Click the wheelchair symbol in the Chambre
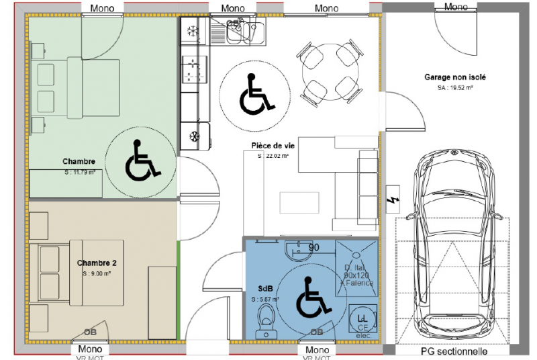point(142,161)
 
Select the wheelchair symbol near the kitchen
point(256,93)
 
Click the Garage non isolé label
point(454,77)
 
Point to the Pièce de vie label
point(273,145)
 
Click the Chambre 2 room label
point(97,263)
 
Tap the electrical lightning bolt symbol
point(391,204)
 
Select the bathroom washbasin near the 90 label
point(293,251)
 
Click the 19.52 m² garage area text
point(456,88)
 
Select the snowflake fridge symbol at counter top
point(191,31)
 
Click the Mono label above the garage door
point(455,7)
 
